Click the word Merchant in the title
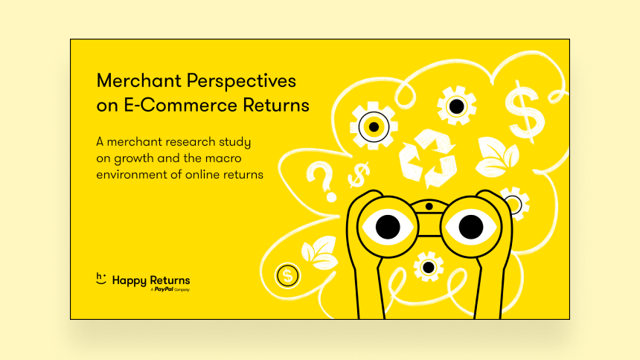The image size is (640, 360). (138, 81)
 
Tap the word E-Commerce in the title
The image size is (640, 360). (180, 106)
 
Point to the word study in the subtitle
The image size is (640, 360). (234, 143)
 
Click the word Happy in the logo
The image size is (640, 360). (129, 281)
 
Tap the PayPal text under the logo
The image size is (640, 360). (164, 289)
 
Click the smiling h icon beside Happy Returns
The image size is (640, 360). (100, 278)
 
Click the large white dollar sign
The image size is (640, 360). (525, 112)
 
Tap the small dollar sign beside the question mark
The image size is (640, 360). (359, 175)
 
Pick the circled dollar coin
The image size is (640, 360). (288, 275)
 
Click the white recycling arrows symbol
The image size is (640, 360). (427, 158)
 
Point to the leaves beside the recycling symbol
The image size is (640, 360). (496, 157)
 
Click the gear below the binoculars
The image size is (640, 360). (428, 267)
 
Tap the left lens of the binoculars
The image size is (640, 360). (387, 227)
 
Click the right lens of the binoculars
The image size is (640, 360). (471, 227)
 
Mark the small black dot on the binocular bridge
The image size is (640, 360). (429, 207)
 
